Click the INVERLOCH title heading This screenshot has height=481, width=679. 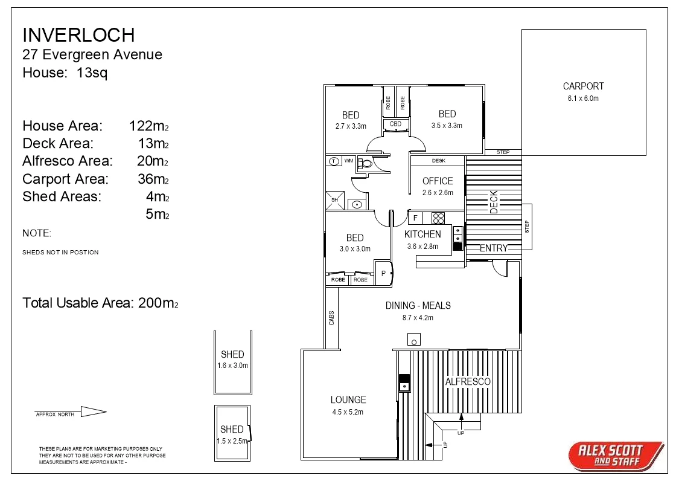[x=78, y=34]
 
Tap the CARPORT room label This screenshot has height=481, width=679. [x=583, y=86]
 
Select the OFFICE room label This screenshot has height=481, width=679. [x=438, y=181]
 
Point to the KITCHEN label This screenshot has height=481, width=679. [x=422, y=234]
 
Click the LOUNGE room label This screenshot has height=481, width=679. [x=348, y=399]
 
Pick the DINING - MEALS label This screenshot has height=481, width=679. [x=418, y=306]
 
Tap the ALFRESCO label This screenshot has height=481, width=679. [x=468, y=381]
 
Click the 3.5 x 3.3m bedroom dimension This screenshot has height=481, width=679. [x=447, y=126]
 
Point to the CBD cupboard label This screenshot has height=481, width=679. [x=395, y=124]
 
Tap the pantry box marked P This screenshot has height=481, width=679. [x=383, y=274]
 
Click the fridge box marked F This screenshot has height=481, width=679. [x=415, y=218]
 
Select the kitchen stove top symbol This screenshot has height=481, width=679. [x=438, y=218]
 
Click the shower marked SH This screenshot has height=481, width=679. [x=334, y=200]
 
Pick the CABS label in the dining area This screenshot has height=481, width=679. [x=331, y=318]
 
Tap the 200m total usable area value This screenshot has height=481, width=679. [x=158, y=303]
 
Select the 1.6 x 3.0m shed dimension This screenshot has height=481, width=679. [x=232, y=366]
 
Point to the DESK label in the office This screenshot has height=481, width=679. [x=438, y=161]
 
